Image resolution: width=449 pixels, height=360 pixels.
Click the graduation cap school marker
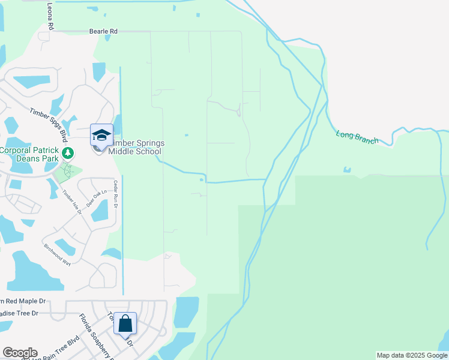(101, 136)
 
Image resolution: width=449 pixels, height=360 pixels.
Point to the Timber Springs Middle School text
(136, 147)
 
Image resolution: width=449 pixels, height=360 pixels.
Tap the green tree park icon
(68, 153)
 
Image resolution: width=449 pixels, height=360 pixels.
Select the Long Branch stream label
(357, 137)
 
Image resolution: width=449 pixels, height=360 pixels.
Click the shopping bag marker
(125, 324)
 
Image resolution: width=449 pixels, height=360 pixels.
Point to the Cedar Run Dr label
(115, 194)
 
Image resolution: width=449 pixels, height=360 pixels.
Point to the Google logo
(20, 353)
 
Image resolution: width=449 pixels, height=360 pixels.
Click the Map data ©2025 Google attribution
(412, 355)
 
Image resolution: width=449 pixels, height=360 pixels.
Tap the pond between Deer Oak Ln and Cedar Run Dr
(100, 211)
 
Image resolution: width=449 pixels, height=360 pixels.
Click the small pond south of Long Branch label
(347, 170)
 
